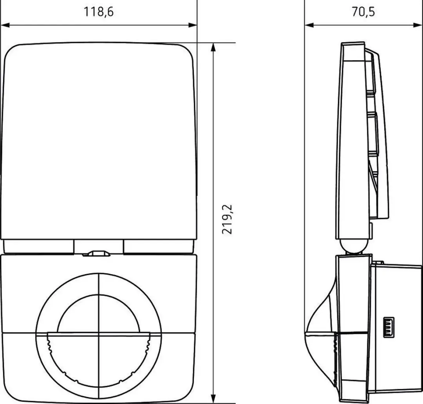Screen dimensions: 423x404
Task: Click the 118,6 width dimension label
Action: coord(98,12)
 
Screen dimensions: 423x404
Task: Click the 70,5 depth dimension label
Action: coord(363,12)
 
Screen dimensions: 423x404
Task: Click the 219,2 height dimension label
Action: coord(227,219)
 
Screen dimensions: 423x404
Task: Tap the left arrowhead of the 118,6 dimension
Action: coord(5,25)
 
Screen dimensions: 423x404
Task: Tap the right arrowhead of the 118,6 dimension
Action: coord(193,25)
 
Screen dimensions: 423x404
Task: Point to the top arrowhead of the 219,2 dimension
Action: coord(213,47)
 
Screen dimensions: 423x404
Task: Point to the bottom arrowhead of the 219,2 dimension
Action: coord(213,399)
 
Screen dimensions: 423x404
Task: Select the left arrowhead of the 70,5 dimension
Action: coord(309,25)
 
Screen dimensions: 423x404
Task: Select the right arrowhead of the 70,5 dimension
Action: coord(417,25)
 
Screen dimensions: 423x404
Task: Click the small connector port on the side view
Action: coord(389,327)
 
